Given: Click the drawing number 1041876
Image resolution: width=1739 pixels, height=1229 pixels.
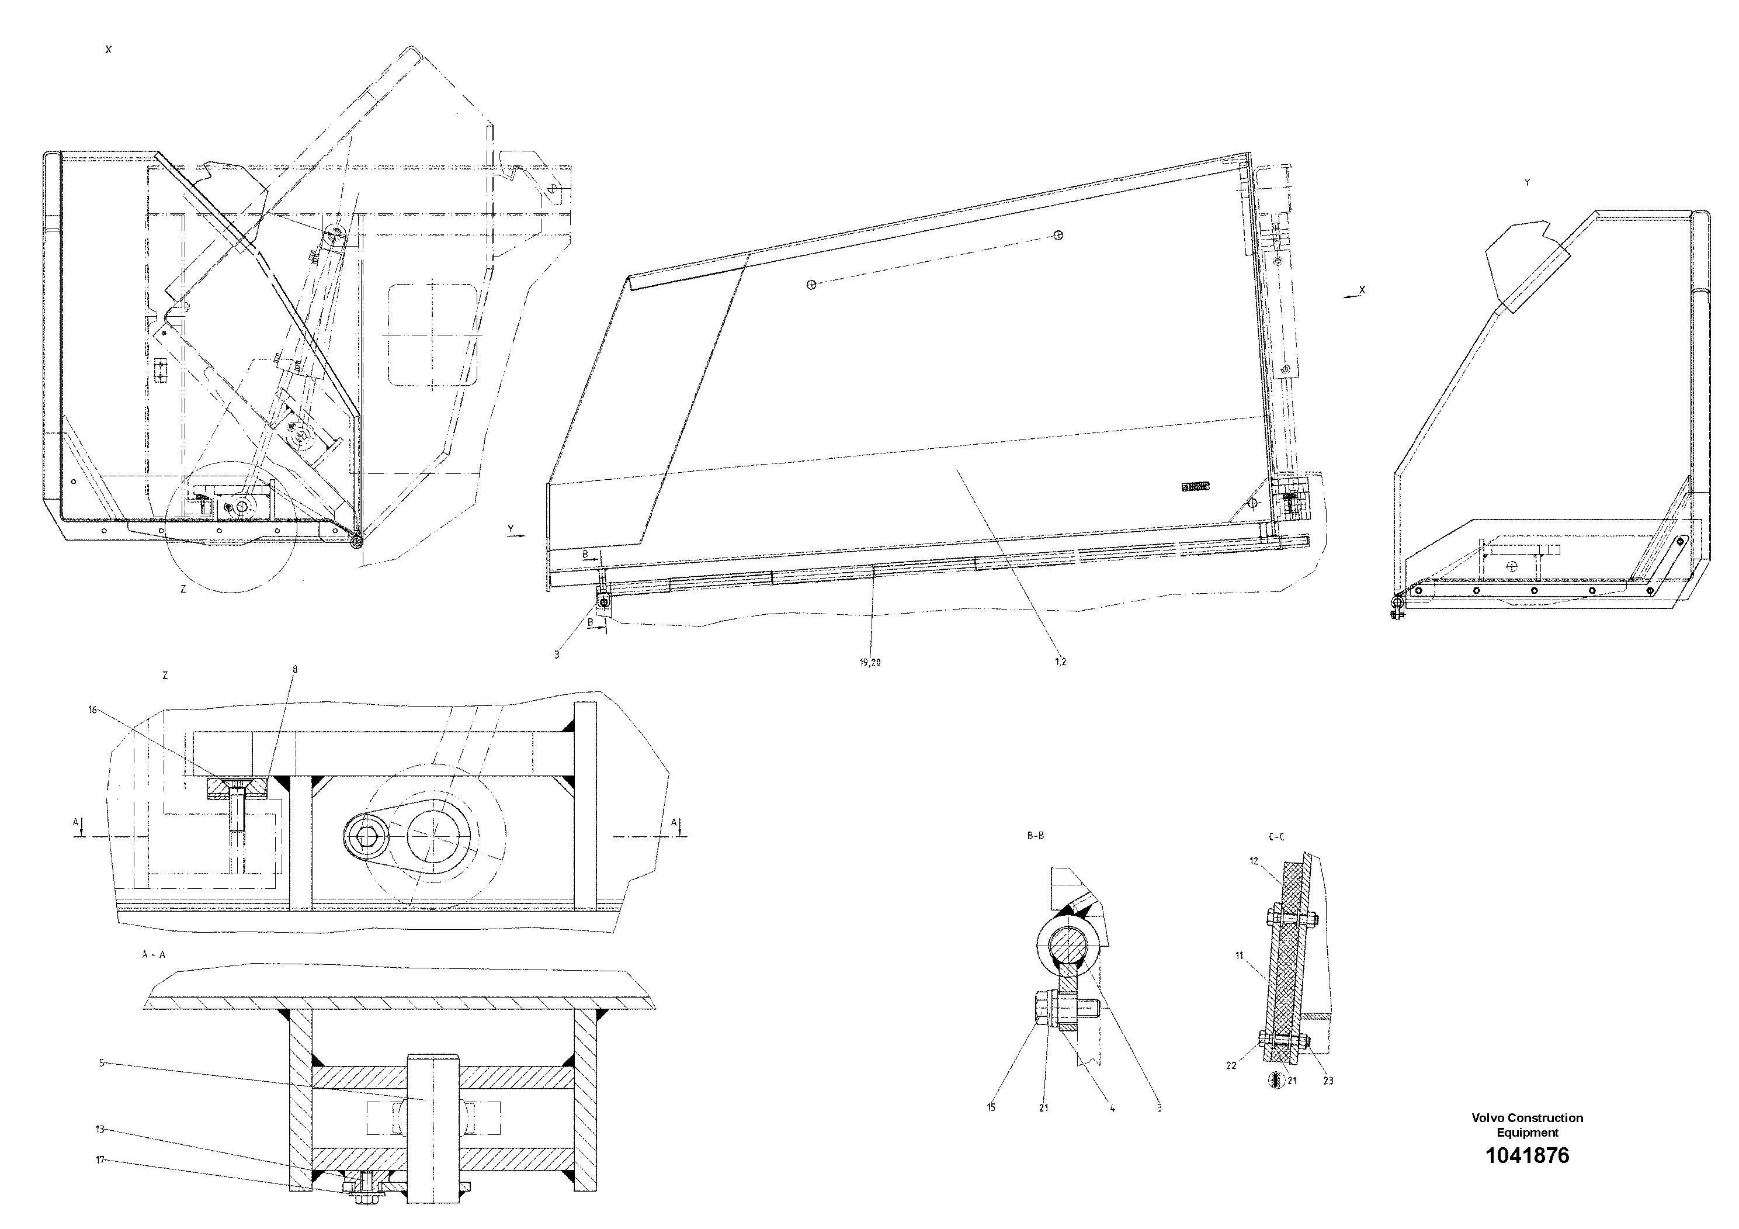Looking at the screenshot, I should pos(1527,1155).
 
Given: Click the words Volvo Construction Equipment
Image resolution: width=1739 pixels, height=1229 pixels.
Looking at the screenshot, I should pos(1527,1125).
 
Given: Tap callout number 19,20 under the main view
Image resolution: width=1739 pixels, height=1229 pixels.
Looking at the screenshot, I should pos(869,662).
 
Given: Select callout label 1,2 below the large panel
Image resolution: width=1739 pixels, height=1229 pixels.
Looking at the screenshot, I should pos(1060,662).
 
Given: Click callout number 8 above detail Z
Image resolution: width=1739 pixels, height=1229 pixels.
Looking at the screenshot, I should pos(294,670).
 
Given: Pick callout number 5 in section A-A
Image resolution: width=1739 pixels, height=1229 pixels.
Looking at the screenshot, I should pos(102,1063).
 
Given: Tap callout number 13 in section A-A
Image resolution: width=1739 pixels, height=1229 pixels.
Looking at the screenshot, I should pos(99,1129).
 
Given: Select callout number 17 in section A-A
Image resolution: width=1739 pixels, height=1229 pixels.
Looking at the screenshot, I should pos(99,1159).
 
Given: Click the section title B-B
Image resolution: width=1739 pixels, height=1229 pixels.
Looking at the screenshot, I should pos(1035,836).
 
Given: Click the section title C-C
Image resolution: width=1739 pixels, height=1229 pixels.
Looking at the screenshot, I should pos(1275,837).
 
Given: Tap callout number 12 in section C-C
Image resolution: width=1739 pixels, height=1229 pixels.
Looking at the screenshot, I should pos(1254,861).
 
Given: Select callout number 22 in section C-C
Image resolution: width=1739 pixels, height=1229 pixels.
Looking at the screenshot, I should pos(1231,1065).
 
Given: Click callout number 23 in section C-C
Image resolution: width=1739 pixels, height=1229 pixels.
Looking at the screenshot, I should pos(1328,1081).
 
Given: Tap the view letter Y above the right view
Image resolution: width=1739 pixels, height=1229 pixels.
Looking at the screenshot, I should pos(1527,182).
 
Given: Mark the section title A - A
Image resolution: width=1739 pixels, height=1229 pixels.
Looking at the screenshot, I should pos(153,955).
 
